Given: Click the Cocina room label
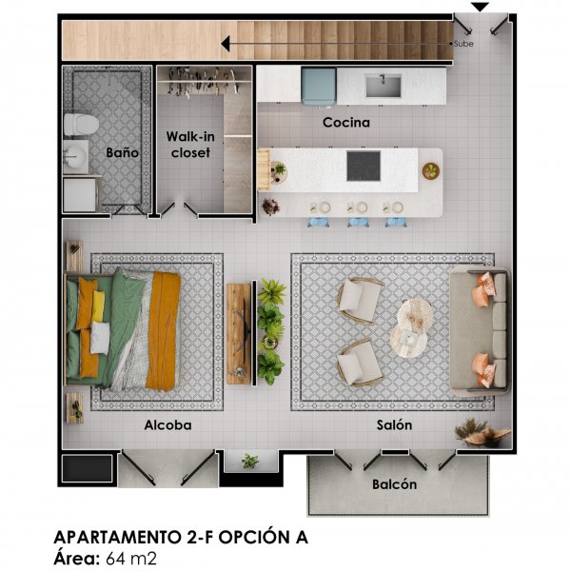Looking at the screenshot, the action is (346, 123).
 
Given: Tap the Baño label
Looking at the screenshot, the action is (123, 152).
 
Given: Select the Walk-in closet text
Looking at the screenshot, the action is (190, 145).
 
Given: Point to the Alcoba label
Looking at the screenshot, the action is (167, 425).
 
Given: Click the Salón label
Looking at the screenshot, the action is (394, 425).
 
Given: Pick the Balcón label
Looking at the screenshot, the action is (394, 484).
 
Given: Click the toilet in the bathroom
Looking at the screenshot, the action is (81, 125).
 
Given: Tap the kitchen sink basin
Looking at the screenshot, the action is (384, 86).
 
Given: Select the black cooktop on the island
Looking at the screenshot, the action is (364, 166).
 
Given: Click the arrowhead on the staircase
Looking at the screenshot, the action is (226, 44).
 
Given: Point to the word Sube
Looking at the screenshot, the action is (463, 44).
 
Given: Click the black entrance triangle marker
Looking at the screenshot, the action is (480, 7).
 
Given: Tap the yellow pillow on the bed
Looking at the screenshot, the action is (98, 305).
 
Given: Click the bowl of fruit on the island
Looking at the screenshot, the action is (431, 170).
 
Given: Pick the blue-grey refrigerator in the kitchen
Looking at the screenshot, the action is (318, 87).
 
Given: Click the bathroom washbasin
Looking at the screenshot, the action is (76, 157).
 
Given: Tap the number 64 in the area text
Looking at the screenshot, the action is (114, 559).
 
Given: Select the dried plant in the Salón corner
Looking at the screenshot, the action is (482, 433).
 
